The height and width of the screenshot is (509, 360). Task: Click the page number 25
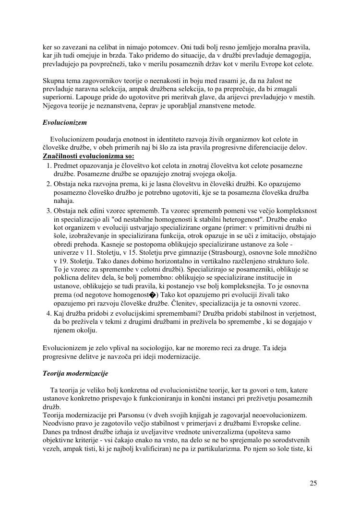(313, 483)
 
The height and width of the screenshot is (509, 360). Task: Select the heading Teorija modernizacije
(75, 373)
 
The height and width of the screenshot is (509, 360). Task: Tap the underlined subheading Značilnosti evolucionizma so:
(89, 156)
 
